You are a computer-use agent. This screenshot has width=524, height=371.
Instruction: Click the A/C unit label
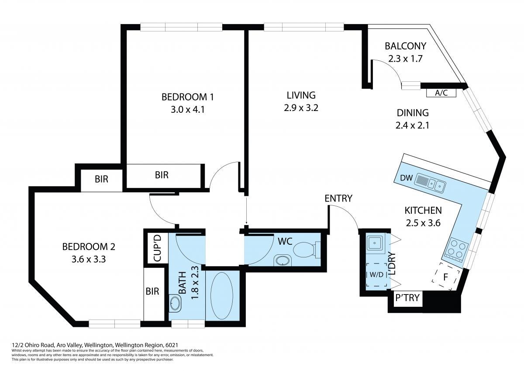[x=441, y=93]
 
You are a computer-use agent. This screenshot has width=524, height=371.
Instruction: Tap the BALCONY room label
[x=405, y=46]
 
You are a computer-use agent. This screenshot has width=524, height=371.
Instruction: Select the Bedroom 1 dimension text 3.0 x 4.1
[x=188, y=110]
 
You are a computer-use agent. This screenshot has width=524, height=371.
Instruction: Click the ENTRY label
[x=338, y=198]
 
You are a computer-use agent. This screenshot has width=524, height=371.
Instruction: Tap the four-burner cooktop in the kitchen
[x=455, y=250]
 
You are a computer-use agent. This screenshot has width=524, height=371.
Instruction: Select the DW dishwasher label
[x=407, y=178]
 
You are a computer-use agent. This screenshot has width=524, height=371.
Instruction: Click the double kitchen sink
[x=430, y=183]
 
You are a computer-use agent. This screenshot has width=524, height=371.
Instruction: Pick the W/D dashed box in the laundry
[x=376, y=274]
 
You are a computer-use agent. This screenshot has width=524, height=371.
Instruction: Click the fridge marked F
[x=446, y=277]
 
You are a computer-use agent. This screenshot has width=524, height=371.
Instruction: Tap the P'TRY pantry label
[x=407, y=298]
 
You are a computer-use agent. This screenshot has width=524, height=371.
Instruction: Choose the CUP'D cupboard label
[x=158, y=248]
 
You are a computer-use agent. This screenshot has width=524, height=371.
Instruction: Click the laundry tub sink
[x=375, y=243]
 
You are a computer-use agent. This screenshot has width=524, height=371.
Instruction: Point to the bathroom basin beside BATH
[x=175, y=304]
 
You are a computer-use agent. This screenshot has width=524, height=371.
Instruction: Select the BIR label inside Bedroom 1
[x=162, y=175]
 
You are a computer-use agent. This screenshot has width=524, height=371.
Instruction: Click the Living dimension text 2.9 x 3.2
[x=301, y=108]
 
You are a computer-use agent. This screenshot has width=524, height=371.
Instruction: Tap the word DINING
[x=413, y=113]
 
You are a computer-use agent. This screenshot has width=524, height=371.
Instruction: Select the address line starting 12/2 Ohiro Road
[x=95, y=345]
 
